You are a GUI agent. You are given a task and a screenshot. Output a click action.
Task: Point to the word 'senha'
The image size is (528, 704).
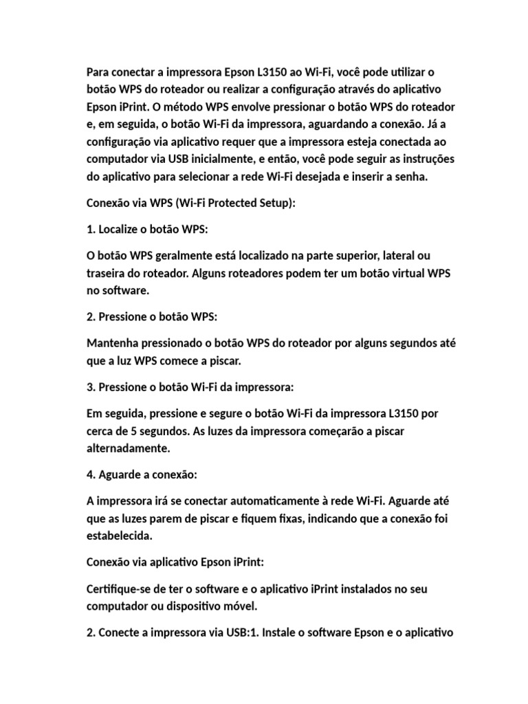click(x=410, y=177)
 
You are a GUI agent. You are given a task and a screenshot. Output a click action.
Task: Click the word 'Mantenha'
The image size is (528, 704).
click(x=113, y=343)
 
